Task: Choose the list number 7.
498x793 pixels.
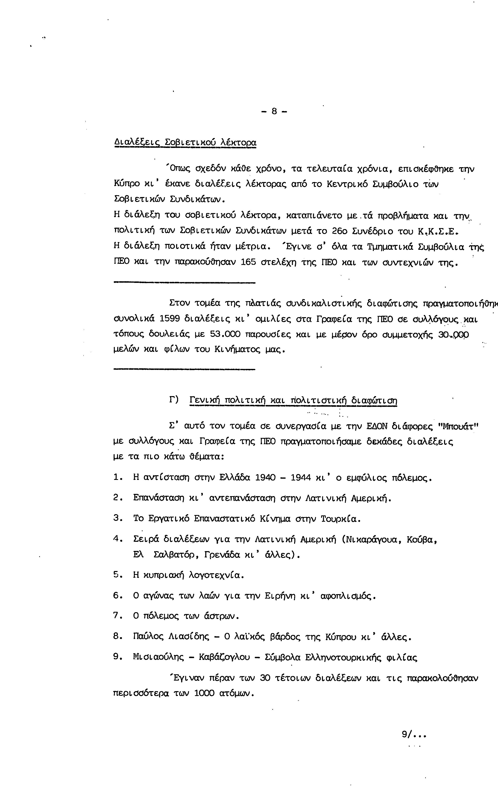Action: pyautogui.click(x=117, y=615)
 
